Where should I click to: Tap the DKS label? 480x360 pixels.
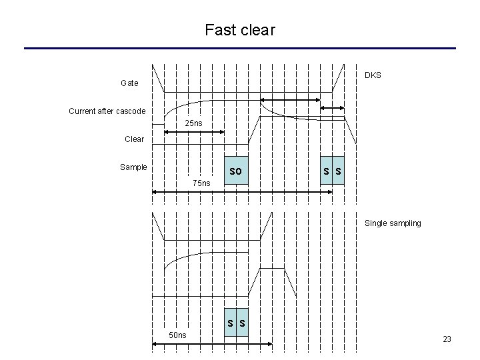click(373, 75)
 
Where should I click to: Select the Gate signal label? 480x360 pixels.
click(129, 83)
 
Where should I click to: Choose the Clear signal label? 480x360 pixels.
click(134, 139)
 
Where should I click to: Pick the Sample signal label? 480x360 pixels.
click(133, 167)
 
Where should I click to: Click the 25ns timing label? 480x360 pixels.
click(193, 124)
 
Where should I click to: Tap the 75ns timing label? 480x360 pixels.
click(201, 183)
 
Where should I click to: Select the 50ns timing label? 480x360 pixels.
click(177, 335)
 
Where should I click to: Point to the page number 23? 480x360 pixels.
click(447, 339)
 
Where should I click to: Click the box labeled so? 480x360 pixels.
click(236, 172)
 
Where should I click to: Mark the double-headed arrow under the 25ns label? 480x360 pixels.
click(193, 133)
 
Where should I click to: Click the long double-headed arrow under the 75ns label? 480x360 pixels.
click(243, 192)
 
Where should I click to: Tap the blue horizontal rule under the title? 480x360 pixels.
click(240, 48)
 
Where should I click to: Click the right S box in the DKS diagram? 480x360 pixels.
click(339, 172)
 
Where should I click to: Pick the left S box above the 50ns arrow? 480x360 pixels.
click(230, 324)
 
